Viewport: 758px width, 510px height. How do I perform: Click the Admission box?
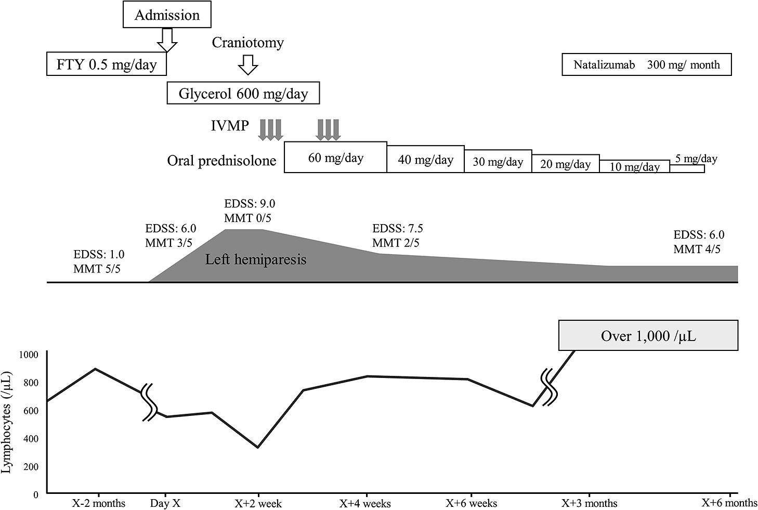pos(166,15)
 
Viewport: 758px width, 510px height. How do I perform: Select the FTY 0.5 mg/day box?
pos(107,64)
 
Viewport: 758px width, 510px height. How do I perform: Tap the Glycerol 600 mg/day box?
pos(243,94)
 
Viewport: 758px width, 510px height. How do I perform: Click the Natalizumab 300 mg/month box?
pos(646,64)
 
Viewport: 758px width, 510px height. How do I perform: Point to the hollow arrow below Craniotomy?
pos(247,64)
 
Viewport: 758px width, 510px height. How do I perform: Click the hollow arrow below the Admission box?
pos(167,40)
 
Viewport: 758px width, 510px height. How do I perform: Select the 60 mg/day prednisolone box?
pos(335,157)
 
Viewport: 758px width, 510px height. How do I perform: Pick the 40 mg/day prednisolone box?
pos(425,159)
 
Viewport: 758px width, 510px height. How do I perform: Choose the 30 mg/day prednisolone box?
pos(498,161)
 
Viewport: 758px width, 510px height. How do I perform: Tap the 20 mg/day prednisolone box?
pos(565,164)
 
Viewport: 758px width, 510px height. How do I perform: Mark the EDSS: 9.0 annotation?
pos(250,203)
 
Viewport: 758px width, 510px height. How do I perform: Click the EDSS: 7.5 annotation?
pos(398,228)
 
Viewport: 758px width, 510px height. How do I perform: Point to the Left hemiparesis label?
pos(256,259)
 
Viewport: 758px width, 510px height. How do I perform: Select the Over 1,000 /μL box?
pos(648,336)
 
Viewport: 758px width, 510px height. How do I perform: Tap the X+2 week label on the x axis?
pos(258,503)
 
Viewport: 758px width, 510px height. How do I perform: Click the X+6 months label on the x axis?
pos(729,503)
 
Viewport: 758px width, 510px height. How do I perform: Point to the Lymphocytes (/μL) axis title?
pos(8,422)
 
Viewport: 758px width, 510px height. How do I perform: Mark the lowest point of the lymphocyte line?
pos(258,447)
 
